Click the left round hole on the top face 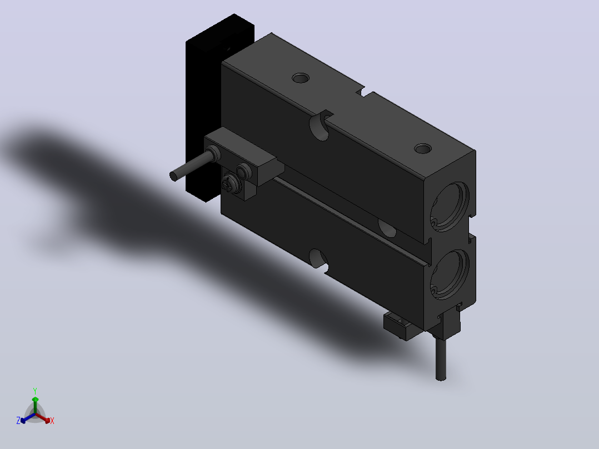301,78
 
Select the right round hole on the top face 423,148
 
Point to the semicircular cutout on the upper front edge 320,126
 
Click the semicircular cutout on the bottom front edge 318,259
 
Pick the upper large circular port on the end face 450,207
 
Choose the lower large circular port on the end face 450,274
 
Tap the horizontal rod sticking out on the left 190,166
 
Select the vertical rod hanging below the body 441,358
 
